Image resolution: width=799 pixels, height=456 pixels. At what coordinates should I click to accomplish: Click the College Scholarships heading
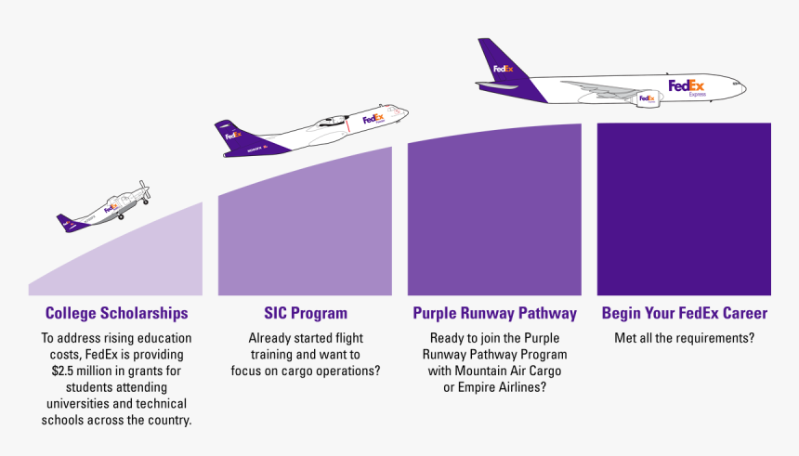pos(116,314)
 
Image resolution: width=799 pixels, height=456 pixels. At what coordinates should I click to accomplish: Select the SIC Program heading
pos(306,314)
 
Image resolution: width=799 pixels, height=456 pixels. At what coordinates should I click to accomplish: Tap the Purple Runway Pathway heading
pos(495,314)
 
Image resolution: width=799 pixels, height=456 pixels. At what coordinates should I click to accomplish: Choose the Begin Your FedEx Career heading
pos(685,314)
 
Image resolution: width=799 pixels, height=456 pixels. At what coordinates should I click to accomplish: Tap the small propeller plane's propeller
pos(144,190)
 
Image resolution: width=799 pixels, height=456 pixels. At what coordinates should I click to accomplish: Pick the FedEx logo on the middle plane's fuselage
pos(373,119)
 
